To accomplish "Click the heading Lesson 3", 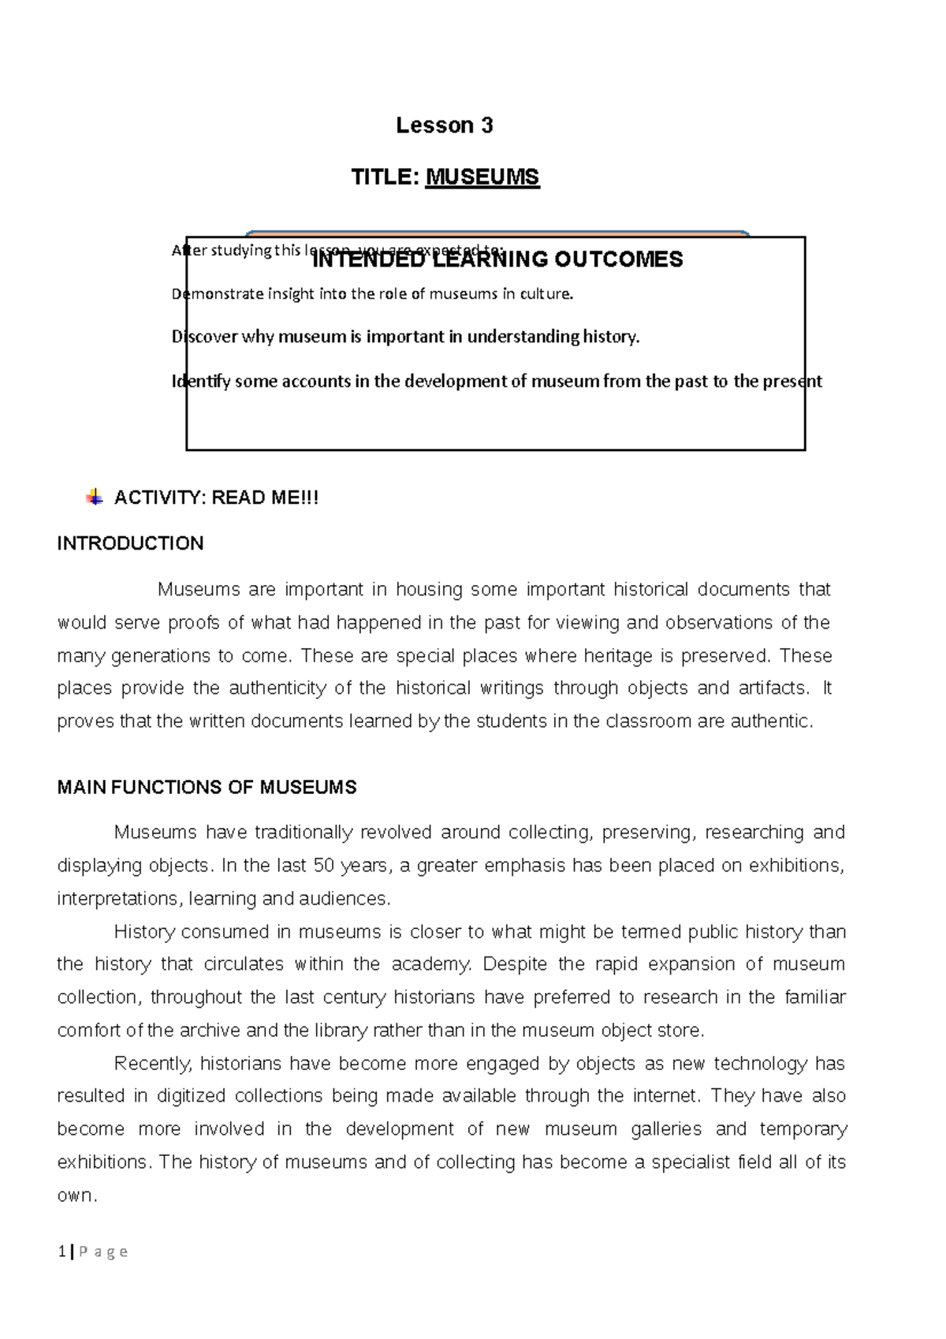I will point(444,125).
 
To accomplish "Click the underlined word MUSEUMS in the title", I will point(482,177).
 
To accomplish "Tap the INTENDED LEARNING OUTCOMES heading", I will point(497,259).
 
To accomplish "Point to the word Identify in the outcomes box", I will point(201,382).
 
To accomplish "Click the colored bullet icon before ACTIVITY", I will point(94,498).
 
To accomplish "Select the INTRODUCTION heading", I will point(131,543).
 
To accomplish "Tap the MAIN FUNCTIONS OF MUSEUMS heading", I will point(207,788).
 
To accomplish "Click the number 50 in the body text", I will point(323,866).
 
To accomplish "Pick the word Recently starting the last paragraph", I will point(153,1064).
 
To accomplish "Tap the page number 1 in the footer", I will point(61,1251).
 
